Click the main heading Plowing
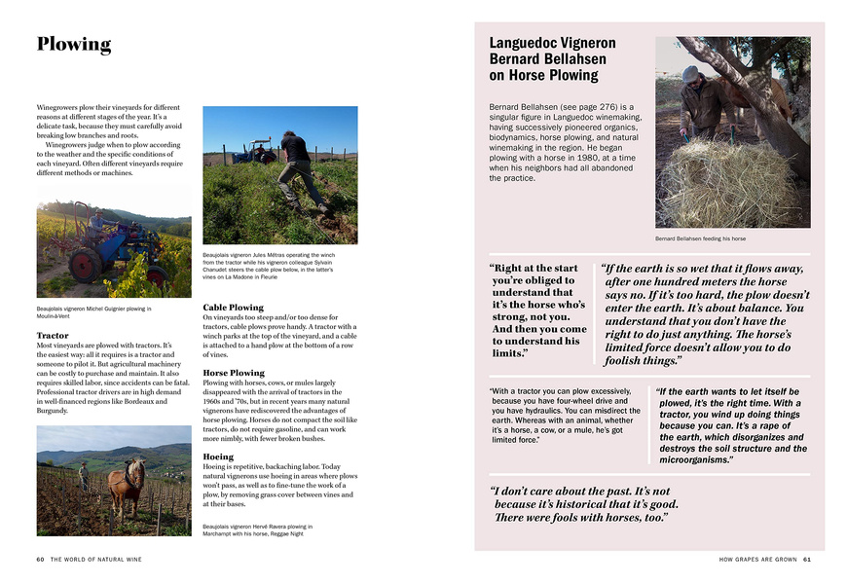[74, 45]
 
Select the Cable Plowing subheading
[233, 308]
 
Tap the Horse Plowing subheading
[233, 373]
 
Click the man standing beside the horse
[84, 476]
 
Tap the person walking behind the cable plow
[298, 170]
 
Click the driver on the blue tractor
[96, 222]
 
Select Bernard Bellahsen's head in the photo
[692, 75]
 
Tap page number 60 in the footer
[41, 560]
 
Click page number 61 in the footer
[807, 560]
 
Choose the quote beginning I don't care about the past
[584, 504]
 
